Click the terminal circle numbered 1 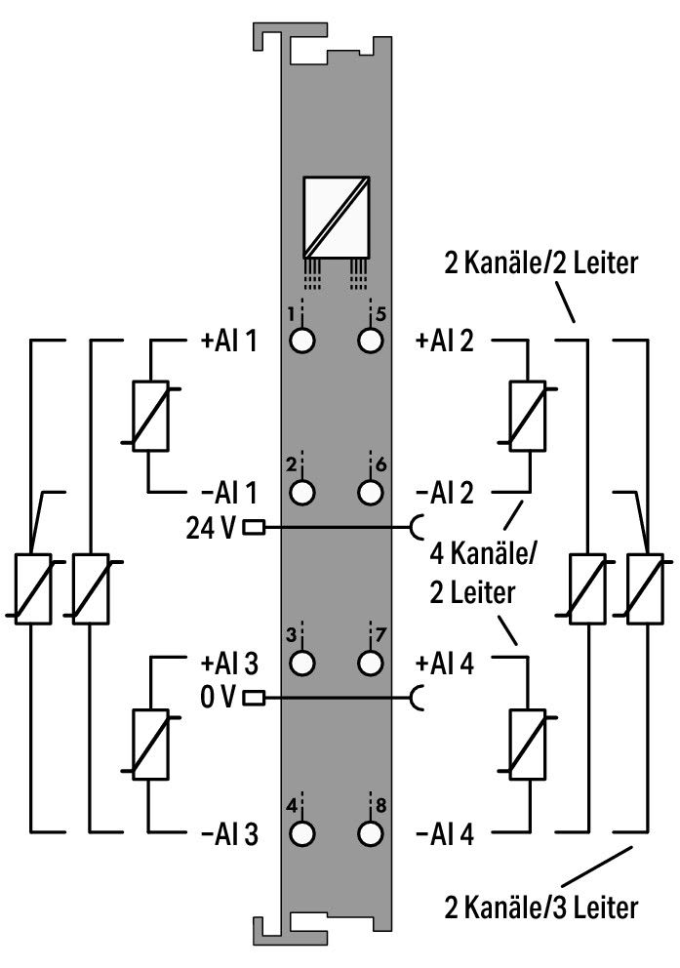(x=301, y=341)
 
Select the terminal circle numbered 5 (x=370, y=341)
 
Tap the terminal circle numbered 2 (x=301, y=492)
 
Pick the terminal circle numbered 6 (x=370, y=492)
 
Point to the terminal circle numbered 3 (x=301, y=663)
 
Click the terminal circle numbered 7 (x=370, y=663)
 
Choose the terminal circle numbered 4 (x=301, y=834)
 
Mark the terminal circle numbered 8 (x=370, y=834)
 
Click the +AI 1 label (x=228, y=341)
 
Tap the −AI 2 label (x=445, y=493)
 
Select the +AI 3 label (x=229, y=663)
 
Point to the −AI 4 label (x=445, y=834)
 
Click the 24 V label (x=211, y=528)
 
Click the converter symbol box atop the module (x=337, y=217)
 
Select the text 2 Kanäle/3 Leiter (x=541, y=907)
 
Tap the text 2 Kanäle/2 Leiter (x=541, y=263)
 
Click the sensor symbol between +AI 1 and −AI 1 (x=151, y=416)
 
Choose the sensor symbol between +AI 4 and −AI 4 (x=527, y=744)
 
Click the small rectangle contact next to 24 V (x=255, y=528)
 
